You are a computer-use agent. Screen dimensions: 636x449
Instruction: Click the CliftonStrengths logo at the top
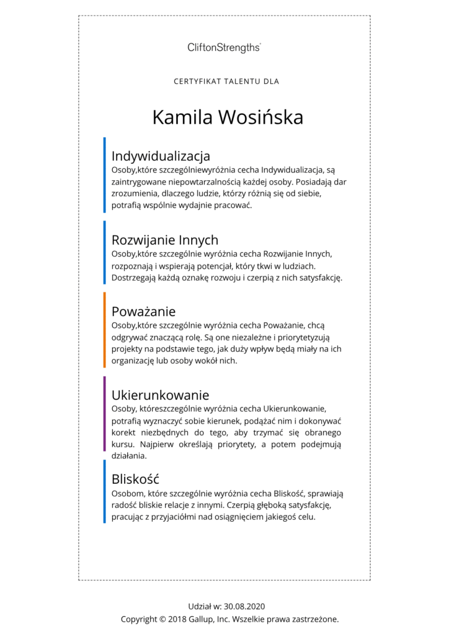224,47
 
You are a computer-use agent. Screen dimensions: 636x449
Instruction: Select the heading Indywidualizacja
161,155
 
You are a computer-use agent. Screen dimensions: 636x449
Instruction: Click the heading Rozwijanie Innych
164,240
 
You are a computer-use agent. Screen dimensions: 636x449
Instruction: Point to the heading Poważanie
143,311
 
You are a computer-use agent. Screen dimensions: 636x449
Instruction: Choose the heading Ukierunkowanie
160,395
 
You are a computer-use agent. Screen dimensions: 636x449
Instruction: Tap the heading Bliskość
135,479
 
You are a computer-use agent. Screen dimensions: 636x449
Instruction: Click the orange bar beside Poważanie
104,330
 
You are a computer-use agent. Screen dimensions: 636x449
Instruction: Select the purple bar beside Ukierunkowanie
104,413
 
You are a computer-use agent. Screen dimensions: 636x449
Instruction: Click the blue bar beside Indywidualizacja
104,175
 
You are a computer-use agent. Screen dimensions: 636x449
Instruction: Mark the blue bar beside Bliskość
104,492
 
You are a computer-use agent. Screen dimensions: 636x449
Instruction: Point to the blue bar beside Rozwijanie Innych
104,252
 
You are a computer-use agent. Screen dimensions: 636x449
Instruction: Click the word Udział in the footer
200,606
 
